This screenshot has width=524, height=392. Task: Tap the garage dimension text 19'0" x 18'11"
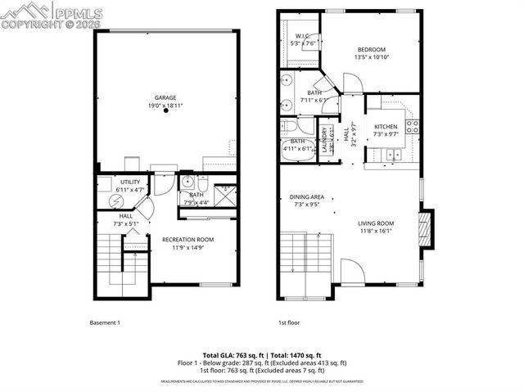pos(166,105)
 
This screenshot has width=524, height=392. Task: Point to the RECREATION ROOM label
pos(187,239)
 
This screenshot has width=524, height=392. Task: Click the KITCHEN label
pos(386,127)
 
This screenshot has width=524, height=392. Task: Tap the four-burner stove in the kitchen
pos(413,127)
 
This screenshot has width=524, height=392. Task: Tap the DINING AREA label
pos(307,197)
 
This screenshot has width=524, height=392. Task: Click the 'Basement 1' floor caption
pos(105,322)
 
